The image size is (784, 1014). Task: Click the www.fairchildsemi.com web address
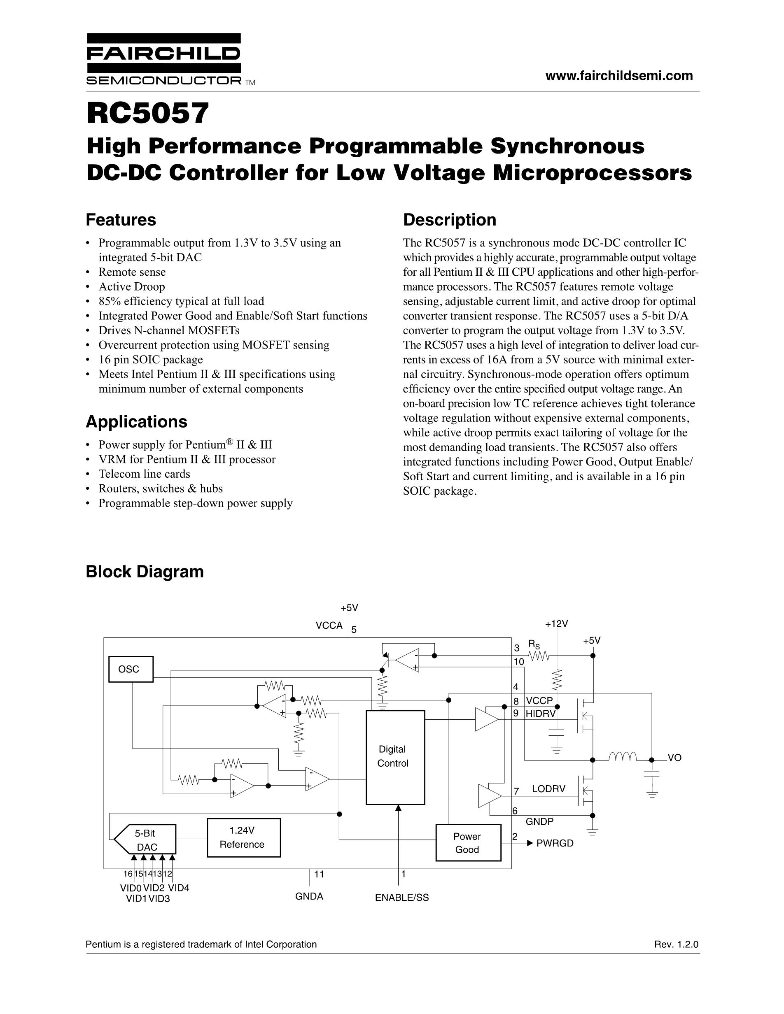(618, 76)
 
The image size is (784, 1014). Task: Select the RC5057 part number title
(148, 113)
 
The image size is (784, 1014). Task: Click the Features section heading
(121, 220)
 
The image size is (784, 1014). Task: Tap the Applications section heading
(137, 421)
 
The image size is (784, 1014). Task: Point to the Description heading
(449, 220)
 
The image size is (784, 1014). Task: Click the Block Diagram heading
(145, 572)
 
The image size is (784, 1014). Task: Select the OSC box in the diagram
(131, 669)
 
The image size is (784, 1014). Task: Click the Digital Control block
(395, 757)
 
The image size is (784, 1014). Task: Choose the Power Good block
(468, 843)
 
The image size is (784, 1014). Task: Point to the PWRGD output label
(555, 843)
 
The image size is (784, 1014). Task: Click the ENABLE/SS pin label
(402, 898)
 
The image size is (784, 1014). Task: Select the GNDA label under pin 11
(309, 896)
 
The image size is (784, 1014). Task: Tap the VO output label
(674, 758)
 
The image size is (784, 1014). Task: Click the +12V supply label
(556, 623)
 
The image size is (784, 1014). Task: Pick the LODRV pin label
(548, 789)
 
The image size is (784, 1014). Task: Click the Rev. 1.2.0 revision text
(676, 944)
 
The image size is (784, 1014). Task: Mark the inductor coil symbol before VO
(622, 758)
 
